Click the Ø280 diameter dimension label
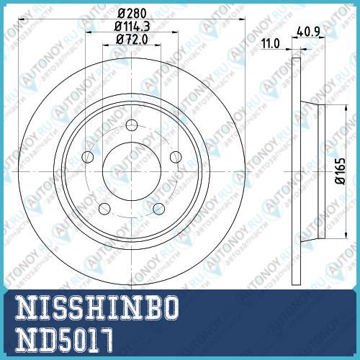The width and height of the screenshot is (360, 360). pyautogui.click(x=132, y=13)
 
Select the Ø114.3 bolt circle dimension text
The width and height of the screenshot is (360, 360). pyautogui.click(x=132, y=26)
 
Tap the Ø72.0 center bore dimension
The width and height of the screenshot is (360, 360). pyautogui.click(x=132, y=39)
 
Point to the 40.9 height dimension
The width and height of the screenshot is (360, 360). pyautogui.click(x=308, y=32)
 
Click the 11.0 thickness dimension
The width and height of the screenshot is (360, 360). pyautogui.click(x=271, y=44)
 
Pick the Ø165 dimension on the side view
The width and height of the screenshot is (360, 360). pyautogui.click(x=341, y=171)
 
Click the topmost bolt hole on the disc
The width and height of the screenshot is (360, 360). pyautogui.click(x=132, y=125)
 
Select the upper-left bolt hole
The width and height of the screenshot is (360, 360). pyautogui.click(x=88, y=157)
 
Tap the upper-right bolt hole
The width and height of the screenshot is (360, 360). pyautogui.click(x=176, y=157)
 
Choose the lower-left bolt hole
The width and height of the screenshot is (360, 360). pyautogui.click(x=104, y=209)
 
